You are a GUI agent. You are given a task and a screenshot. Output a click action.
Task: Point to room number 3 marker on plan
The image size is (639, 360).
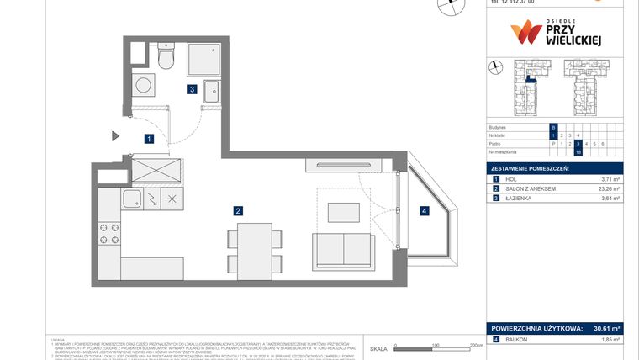[192, 88]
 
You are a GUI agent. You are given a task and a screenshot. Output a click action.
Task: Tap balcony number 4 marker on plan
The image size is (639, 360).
[425, 210]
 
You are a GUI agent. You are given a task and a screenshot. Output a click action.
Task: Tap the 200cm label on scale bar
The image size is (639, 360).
[476, 345]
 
